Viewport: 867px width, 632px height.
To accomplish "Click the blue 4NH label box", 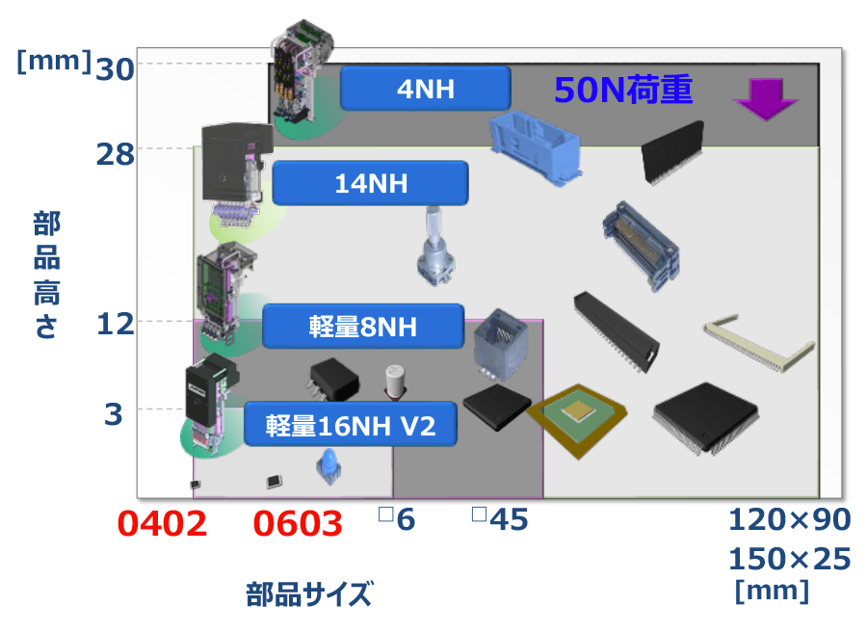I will click(425, 89).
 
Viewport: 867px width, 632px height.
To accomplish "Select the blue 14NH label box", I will click(371, 183).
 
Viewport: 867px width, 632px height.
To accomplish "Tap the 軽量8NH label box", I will click(363, 327).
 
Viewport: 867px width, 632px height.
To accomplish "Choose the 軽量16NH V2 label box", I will click(351, 425).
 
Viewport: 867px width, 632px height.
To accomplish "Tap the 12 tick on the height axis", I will click(117, 325).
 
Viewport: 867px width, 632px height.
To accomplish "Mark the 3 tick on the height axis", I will click(115, 414).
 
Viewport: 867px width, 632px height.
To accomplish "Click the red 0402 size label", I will click(162, 524).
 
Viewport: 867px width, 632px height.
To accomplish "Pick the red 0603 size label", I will click(298, 524).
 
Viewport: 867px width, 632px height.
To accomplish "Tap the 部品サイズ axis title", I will click(308, 593).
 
